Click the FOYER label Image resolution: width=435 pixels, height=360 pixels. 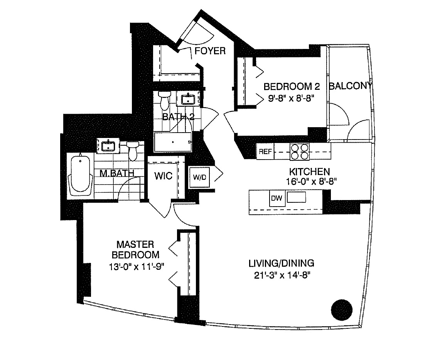(210, 51)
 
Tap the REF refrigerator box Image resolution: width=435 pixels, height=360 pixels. (265, 151)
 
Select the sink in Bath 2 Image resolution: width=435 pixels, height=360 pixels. (188, 99)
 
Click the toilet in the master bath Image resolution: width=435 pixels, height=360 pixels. (133, 150)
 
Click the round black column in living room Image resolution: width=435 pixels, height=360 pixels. (342, 309)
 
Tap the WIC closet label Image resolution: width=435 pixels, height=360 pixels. (164, 176)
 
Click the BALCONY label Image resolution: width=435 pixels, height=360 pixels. (350, 86)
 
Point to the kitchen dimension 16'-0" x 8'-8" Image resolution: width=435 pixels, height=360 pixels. (310, 182)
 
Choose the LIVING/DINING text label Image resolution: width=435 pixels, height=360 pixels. (281, 264)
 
